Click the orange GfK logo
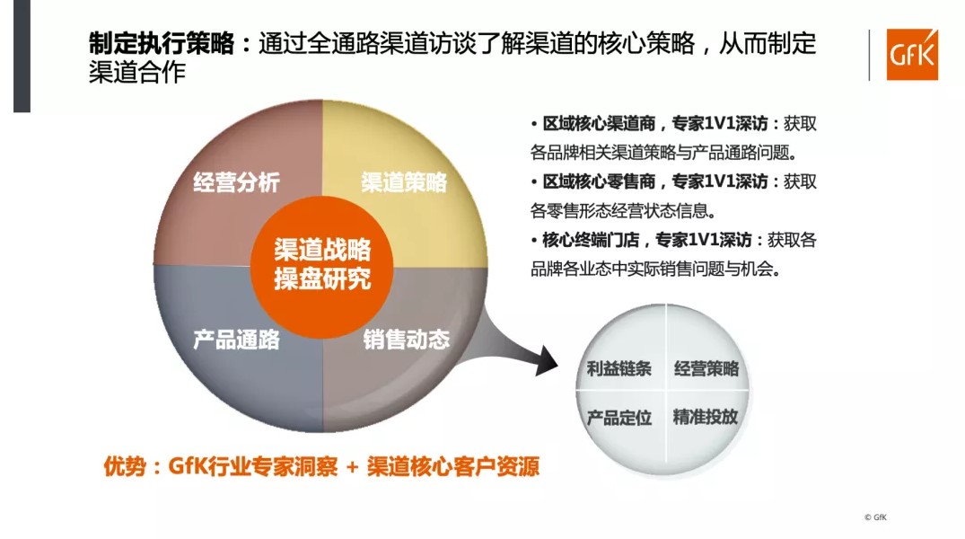pyautogui.click(x=912, y=54)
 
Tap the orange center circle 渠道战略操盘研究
pyautogui.click(x=322, y=267)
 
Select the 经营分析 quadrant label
pyautogui.click(x=236, y=182)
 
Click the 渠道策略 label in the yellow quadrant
pyautogui.click(x=404, y=182)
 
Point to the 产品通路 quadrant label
pyautogui.click(x=236, y=340)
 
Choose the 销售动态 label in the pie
pyautogui.click(x=406, y=340)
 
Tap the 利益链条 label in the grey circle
pyautogui.click(x=618, y=368)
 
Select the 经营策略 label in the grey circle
pyautogui.click(x=706, y=368)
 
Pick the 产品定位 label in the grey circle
pyautogui.click(x=618, y=418)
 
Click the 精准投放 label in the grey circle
pyautogui.click(x=706, y=417)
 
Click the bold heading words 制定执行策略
pyautogui.click(x=162, y=44)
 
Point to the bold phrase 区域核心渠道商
pyautogui.click(x=599, y=124)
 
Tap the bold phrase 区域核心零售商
pyautogui.click(x=599, y=181)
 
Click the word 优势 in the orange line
pyautogui.click(x=125, y=466)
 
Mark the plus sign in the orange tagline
pyautogui.click(x=352, y=467)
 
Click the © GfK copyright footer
pyautogui.click(x=875, y=517)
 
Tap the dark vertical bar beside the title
pyautogui.click(x=22, y=56)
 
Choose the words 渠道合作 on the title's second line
pyautogui.click(x=137, y=73)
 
